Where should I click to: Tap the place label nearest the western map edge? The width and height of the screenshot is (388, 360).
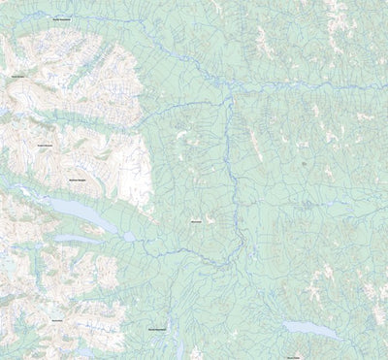(18, 76)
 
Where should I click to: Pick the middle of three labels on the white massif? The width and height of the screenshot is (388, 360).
(45, 146)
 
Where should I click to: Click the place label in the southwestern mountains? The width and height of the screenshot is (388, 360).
(57, 320)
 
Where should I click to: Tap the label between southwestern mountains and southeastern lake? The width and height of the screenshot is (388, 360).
(161, 328)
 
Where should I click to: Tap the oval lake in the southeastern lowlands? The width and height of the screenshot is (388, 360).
(310, 330)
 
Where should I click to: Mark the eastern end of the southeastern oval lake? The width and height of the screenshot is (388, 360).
(339, 337)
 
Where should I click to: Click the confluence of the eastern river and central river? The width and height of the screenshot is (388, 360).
(229, 85)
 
